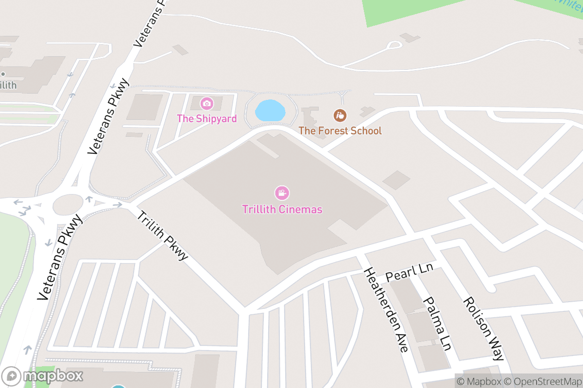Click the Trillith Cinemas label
282,210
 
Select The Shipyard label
206,118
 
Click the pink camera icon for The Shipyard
207,103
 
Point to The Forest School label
340,130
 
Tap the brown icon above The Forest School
340,115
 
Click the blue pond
270,111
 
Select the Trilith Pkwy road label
162,236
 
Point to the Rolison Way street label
483,328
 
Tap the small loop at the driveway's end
395,45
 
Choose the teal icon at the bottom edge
118,386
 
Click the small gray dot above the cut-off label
3,74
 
